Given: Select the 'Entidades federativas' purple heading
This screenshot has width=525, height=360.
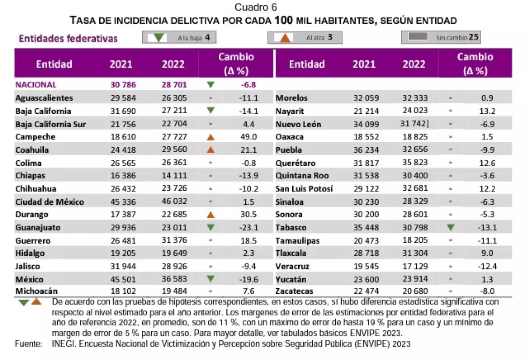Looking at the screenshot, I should pyautogui.click(x=68, y=38).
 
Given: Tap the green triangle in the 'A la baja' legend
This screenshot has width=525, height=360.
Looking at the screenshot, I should pyautogui.click(x=159, y=38).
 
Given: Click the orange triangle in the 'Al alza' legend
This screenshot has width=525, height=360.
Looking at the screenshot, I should pyautogui.click(x=285, y=38).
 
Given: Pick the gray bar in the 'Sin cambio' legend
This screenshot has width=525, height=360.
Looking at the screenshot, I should pyautogui.click(x=418, y=37).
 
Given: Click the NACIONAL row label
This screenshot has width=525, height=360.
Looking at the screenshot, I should pyautogui.click(x=36, y=85).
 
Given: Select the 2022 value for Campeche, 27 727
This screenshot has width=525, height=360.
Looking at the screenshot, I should pyautogui.click(x=174, y=137).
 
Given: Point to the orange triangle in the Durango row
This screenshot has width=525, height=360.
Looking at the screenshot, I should pyautogui.click(x=210, y=215).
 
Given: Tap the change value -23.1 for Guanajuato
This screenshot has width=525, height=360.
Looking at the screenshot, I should pyautogui.click(x=248, y=228).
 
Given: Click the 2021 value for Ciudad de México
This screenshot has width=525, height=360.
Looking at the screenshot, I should pyautogui.click(x=121, y=202).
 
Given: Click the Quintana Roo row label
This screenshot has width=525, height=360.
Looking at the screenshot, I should pyautogui.click(x=302, y=176).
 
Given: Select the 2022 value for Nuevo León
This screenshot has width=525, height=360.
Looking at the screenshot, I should pyautogui.click(x=413, y=124).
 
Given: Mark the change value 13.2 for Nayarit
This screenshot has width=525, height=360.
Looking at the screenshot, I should pyautogui.click(x=487, y=111).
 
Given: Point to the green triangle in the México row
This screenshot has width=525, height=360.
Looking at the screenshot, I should pyautogui.click(x=210, y=279).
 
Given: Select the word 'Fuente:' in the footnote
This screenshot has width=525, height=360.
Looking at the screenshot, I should pyautogui.click(x=28, y=344).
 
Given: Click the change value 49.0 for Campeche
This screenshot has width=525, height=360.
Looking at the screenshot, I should pyautogui.click(x=249, y=137).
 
